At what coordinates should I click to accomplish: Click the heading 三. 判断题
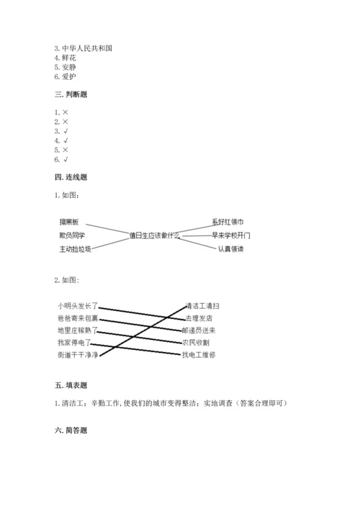click(x=71, y=94)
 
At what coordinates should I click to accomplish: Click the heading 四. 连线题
click(x=71, y=177)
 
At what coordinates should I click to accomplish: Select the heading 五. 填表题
click(x=71, y=386)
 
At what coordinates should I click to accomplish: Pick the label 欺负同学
click(x=72, y=235)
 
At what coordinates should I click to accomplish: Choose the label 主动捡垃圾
click(x=75, y=249)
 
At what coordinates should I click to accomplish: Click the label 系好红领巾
click(x=228, y=221)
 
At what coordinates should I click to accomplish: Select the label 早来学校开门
click(x=232, y=235)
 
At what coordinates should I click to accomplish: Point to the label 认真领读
click(x=232, y=249)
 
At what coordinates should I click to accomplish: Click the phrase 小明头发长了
click(x=78, y=306)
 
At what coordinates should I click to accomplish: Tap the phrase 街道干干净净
click(x=78, y=355)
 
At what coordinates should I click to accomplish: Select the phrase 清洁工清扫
click(x=202, y=306)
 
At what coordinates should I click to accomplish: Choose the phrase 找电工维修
click(x=199, y=355)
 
